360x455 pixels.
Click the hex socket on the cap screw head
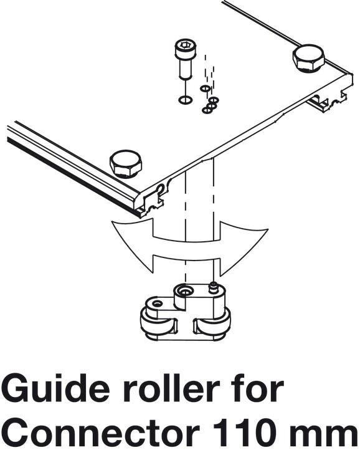click(x=184, y=45)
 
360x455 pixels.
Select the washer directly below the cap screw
click(x=185, y=100)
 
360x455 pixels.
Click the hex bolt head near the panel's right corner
click(x=308, y=58)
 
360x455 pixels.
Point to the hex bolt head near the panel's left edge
click(x=126, y=163)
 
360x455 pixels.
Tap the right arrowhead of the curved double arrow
click(x=243, y=247)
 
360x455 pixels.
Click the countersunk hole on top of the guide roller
click(x=184, y=290)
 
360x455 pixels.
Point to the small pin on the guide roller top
click(x=214, y=287)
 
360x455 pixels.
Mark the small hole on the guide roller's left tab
click(x=157, y=304)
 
